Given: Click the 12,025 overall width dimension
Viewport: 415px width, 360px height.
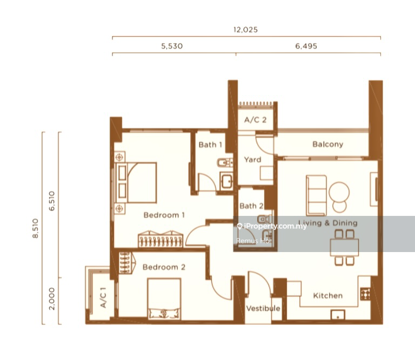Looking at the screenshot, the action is pyautogui.click(x=245, y=30).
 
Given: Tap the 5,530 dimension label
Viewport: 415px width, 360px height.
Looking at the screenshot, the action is pyautogui.click(x=172, y=46).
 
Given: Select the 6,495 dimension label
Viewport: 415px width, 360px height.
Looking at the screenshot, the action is pyautogui.click(x=306, y=46).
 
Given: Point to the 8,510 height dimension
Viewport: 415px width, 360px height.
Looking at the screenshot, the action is pyautogui.click(x=36, y=228).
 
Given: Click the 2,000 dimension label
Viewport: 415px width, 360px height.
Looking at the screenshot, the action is pyautogui.click(x=52, y=298).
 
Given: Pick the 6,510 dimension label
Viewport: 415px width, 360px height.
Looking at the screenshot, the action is pyautogui.click(x=52, y=201).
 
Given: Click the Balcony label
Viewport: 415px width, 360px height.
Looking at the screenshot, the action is pyautogui.click(x=327, y=144).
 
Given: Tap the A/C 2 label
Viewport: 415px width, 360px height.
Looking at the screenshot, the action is pyautogui.click(x=255, y=120).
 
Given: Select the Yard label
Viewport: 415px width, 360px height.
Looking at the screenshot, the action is pyautogui.click(x=252, y=159).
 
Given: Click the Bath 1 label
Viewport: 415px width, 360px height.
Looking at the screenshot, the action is pyautogui.click(x=210, y=145).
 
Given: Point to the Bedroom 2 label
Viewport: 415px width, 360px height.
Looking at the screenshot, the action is pyautogui.click(x=164, y=267).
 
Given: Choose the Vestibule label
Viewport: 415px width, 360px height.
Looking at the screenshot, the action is pyautogui.click(x=263, y=308).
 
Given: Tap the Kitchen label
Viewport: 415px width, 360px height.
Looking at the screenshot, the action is pyautogui.click(x=327, y=296).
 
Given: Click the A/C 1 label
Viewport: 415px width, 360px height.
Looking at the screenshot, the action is pyautogui.click(x=103, y=297).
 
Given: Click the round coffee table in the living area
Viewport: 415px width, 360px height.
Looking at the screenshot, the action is pyautogui.click(x=339, y=192).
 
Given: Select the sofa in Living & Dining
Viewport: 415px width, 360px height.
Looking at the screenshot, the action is pyautogui.click(x=316, y=195).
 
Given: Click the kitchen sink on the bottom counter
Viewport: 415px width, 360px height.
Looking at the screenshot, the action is pyautogui.click(x=338, y=315).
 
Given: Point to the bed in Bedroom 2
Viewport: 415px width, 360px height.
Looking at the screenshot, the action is pyautogui.click(x=164, y=298).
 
